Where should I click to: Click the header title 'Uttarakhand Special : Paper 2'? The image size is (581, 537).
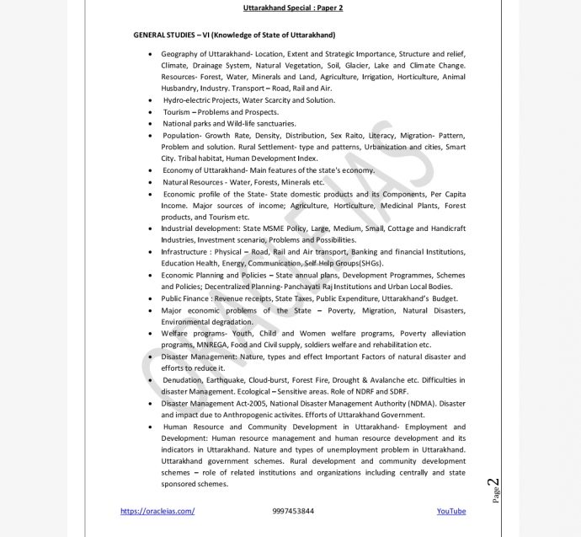[292, 8]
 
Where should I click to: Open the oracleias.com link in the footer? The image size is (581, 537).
[157, 511]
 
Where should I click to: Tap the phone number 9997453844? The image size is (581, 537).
[294, 511]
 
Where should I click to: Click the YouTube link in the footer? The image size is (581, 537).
[450, 511]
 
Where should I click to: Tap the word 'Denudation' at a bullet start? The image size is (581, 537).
[182, 380]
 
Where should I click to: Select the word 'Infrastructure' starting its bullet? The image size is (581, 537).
[185, 251]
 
